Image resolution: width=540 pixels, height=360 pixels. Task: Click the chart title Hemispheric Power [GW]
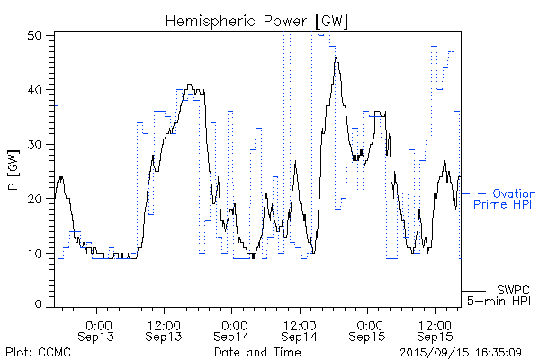[256, 19]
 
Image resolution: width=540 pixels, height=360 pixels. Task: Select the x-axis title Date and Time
[257, 352]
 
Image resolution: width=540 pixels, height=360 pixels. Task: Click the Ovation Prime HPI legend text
[505, 200]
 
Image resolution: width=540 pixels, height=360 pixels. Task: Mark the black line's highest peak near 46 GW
[336, 58]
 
